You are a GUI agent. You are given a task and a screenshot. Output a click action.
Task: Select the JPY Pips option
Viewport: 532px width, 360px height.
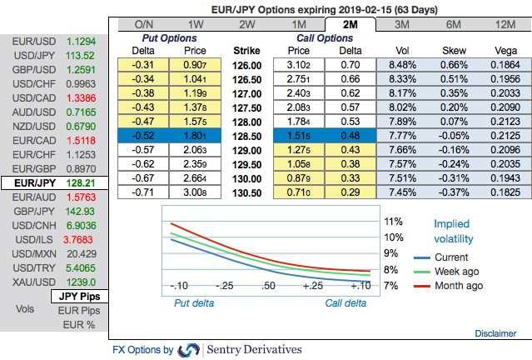(x=77, y=296)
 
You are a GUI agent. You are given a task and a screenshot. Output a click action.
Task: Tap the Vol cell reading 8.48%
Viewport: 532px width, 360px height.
(x=402, y=64)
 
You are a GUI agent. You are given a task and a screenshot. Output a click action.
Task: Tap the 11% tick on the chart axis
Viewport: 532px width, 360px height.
(x=393, y=222)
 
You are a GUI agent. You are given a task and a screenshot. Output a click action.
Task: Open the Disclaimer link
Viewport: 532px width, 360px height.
(x=495, y=332)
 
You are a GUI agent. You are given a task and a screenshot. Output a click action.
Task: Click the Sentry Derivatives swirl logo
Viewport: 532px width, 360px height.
(x=189, y=350)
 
